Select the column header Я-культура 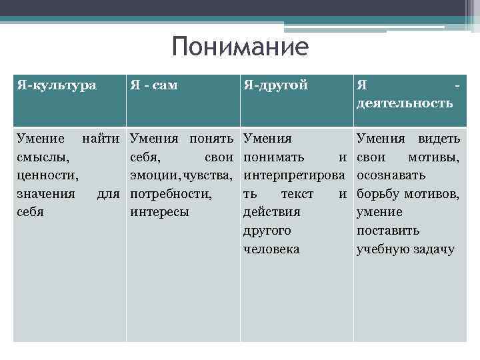pos(57,85)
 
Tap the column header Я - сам pos(154,85)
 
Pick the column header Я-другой pos(276,85)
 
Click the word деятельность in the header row pos(405,103)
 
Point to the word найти pos(103,139)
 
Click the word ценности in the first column pos(44,176)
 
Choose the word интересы pos(160,212)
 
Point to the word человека pos(271,249)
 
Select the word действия pos(271,212)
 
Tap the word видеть pos(439,139)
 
